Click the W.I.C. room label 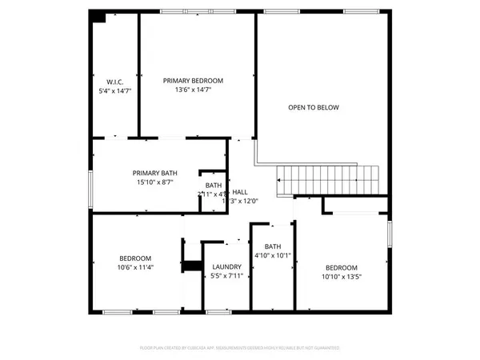coord(114,81)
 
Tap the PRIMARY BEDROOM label coord(193,81)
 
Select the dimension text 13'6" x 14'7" coord(193,90)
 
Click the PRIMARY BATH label coord(155,173)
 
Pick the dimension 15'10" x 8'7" coord(155,182)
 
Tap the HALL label coord(239,192)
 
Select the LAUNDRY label coord(227,267)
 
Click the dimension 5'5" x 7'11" coord(227,276)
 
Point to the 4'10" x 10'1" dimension coord(273,256)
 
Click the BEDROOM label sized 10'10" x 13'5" coord(342,267)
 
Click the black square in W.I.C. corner coord(99,17)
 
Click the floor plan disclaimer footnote coord(240,348)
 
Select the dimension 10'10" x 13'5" coord(342,277)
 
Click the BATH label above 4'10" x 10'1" coord(273,246)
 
